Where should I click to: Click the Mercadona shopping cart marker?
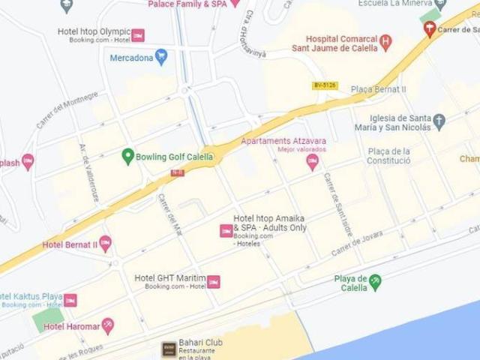coord(161,57)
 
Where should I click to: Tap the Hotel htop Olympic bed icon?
coord(138,35)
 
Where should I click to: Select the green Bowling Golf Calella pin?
coord(127,157)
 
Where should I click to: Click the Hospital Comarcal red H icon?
coord(385,42)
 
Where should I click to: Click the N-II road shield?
coord(177,173)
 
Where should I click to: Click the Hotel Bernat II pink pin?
coord(105,243)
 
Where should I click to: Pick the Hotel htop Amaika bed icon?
coord(226,231)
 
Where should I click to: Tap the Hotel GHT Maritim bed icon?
coord(214,281)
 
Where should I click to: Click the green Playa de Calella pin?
coord(375,281)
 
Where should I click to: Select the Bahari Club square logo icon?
coord(169,348)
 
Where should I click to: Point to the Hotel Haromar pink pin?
coord(108,325)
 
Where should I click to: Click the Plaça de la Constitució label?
coord(388,155)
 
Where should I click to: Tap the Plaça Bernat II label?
coord(379,89)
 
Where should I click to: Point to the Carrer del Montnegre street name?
coord(67,109)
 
